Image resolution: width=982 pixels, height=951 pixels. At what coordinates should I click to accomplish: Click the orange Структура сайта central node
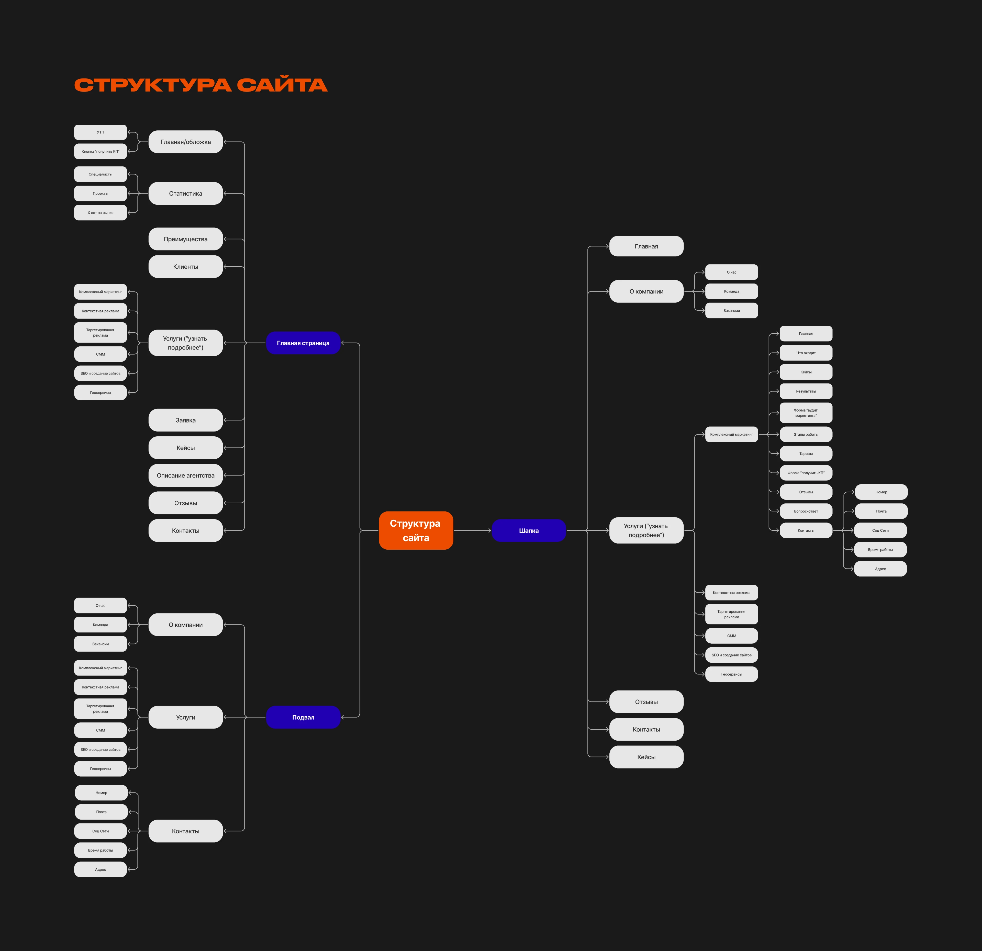tap(416, 530)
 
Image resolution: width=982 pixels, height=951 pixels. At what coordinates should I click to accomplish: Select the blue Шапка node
tap(529, 530)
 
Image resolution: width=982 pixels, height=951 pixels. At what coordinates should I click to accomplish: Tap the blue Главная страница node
tap(303, 343)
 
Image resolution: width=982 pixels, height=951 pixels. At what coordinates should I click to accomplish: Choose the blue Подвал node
tap(303, 717)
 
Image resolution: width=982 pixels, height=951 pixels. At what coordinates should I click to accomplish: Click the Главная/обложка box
tap(185, 142)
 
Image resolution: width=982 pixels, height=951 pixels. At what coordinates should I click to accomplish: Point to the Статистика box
tap(185, 193)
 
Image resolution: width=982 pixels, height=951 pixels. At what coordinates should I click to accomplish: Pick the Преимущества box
tap(185, 239)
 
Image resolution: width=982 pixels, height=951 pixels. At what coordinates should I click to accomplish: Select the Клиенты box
tap(185, 266)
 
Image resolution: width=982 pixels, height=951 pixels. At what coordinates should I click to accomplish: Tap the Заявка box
tap(185, 420)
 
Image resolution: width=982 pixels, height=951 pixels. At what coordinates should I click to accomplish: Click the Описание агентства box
tap(185, 475)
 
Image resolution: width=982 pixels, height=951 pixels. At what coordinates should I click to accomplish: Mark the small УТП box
tap(100, 132)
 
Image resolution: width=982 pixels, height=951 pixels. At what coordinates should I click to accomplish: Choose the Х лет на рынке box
tap(100, 212)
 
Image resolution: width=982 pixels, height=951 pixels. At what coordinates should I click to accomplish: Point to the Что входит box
tap(806, 353)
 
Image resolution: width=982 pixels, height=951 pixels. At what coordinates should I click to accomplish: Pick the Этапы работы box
tap(806, 434)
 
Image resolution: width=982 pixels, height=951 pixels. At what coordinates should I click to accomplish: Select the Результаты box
tap(806, 391)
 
